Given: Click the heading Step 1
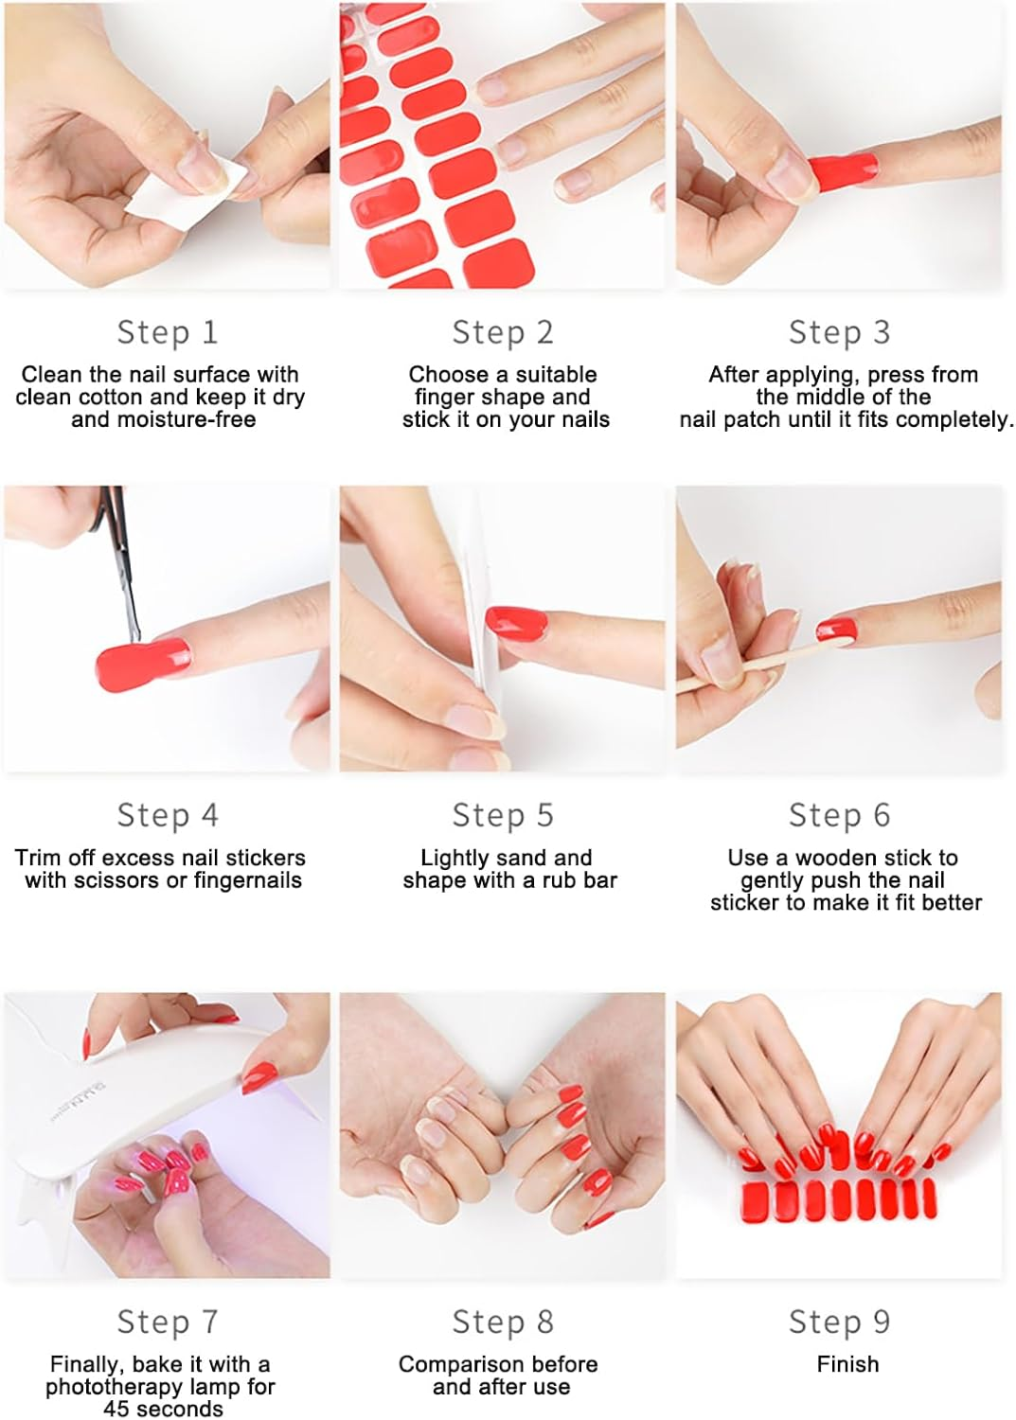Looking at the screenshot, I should pos(168,332).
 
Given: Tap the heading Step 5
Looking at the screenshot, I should pos(502,815).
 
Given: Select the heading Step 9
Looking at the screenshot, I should pos(839,1322).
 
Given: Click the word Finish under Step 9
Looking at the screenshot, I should pos(847,1364).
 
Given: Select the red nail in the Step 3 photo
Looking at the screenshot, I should pos(842,173).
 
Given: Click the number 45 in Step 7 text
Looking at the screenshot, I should pos(116,1409).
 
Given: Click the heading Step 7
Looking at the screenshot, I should pos(168,1322).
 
